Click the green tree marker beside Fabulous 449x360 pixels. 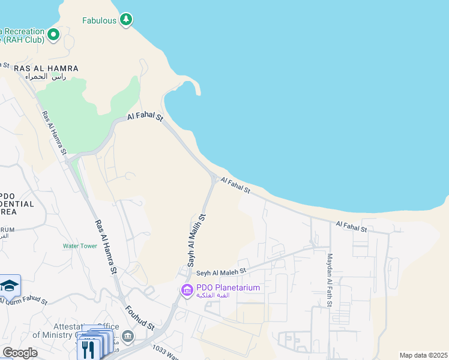[125, 20]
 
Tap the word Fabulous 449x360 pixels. [99, 20]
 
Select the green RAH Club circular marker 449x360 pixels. [53, 35]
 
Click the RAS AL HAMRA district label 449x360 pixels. [46, 68]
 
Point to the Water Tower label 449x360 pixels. [80, 246]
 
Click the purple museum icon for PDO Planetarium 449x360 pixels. [187, 291]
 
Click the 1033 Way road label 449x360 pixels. [166, 352]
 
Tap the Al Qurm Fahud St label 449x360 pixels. [24, 300]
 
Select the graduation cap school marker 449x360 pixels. [10, 286]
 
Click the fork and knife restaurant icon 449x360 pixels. [88, 349]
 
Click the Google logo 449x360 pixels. [20, 352]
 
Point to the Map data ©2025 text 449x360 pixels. [423, 355]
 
